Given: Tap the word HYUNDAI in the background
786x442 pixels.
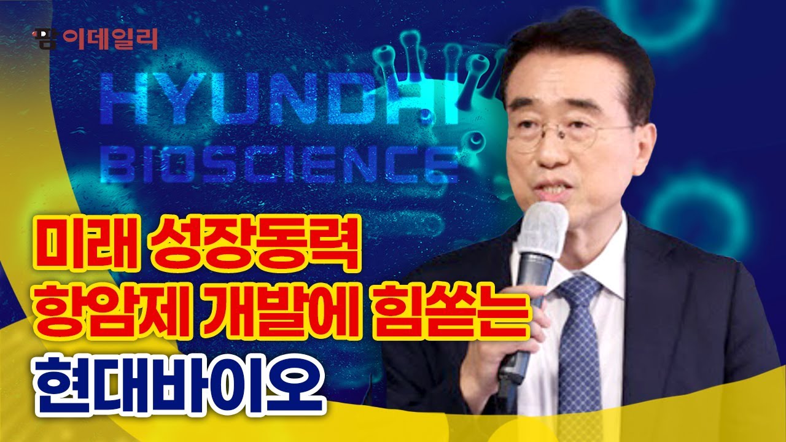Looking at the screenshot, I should (x=276, y=98).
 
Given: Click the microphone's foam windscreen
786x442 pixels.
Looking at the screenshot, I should (x=541, y=230).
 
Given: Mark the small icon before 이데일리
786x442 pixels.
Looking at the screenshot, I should (x=44, y=39).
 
